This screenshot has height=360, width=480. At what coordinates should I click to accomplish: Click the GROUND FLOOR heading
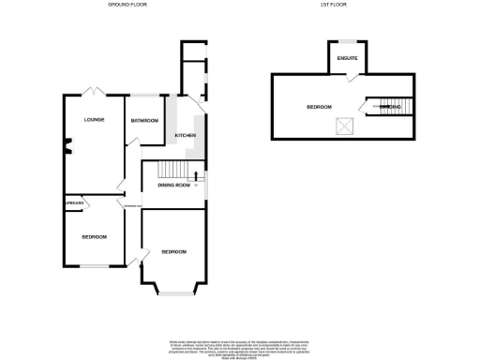(x=125, y=6)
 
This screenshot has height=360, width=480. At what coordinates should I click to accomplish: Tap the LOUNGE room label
(x=93, y=120)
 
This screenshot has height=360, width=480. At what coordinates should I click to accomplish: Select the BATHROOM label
(x=144, y=121)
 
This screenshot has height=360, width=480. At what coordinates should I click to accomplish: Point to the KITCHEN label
(x=185, y=137)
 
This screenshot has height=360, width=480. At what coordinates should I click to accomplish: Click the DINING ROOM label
(x=173, y=186)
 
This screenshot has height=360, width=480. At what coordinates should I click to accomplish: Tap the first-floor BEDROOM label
(x=320, y=108)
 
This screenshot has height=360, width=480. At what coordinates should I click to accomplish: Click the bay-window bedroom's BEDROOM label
(x=173, y=252)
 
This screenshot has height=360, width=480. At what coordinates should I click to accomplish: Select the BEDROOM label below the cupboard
(x=94, y=237)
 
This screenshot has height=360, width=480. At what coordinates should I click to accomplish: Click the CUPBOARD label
(x=75, y=202)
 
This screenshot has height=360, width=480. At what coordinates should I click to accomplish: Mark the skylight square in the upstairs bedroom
(x=345, y=125)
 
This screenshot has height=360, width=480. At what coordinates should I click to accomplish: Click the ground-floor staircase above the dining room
(x=172, y=169)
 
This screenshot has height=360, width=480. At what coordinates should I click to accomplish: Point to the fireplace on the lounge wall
(x=66, y=145)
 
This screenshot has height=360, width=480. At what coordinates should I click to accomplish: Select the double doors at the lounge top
(x=92, y=92)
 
